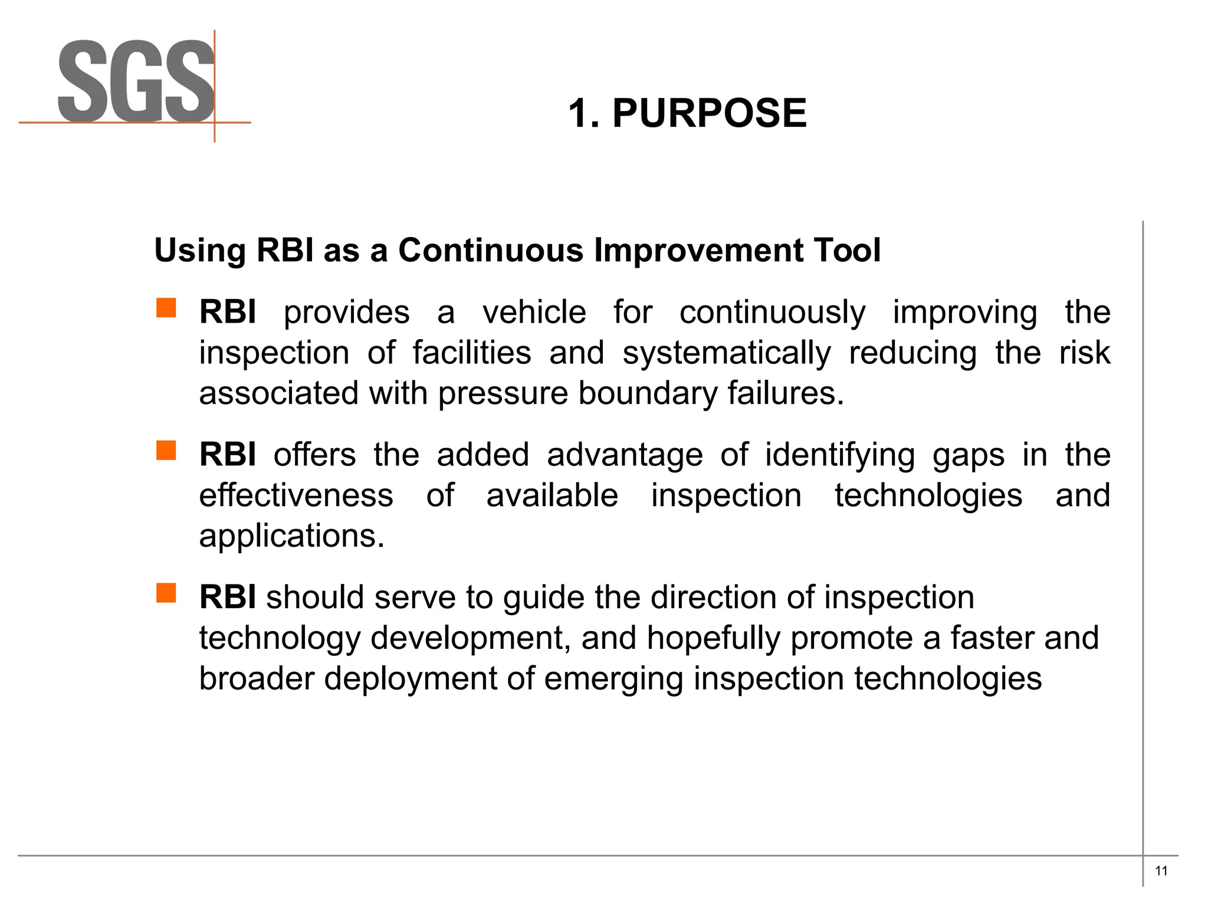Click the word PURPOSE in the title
(709, 113)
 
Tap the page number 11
(1161, 871)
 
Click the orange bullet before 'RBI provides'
(166, 308)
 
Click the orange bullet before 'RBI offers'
(166, 451)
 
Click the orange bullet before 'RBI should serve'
(166, 593)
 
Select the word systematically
(727, 353)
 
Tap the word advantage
(625, 455)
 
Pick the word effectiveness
(296, 495)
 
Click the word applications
(291, 536)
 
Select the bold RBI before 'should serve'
(227, 597)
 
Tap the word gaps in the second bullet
(968, 455)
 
